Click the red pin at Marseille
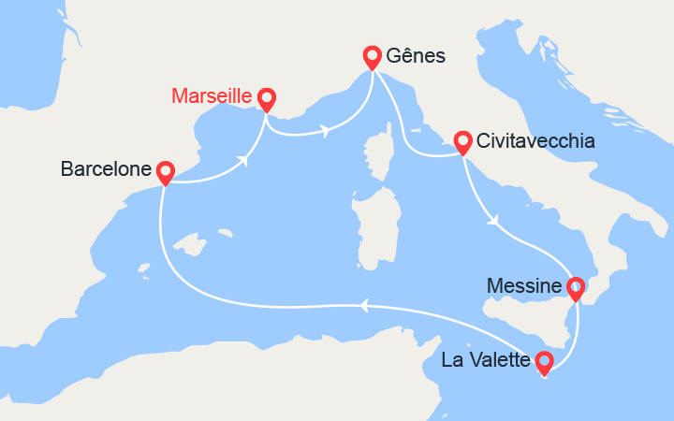coord(266,98)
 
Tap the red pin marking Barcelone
coord(166,172)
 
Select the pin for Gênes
coord(373,57)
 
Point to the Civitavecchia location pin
coord(462,142)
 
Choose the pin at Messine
coord(576,288)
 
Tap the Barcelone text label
coord(105,169)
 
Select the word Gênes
coord(418,57)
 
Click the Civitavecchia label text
coord(535,142)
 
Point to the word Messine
coord(525,286)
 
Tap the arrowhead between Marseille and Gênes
coord(324,131)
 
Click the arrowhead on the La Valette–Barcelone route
coord(365,303)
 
